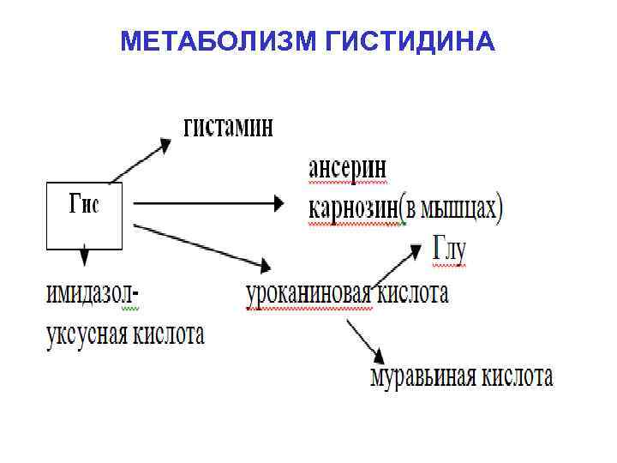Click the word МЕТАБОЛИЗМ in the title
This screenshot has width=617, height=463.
(220, 42)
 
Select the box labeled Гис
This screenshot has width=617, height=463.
(83, 214)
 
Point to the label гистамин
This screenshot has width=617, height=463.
(229, 128)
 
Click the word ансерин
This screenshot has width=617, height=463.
(347, 168)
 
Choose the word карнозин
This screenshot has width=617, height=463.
(352, 208)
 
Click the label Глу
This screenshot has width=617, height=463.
(448, 249)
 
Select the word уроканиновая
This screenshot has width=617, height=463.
(308, 294)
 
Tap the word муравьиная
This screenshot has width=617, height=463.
(421, 376)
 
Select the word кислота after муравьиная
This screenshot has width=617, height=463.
(518, 376)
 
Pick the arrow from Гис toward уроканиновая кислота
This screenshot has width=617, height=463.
(201, 244)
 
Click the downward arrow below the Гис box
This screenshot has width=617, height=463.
(84, 256)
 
